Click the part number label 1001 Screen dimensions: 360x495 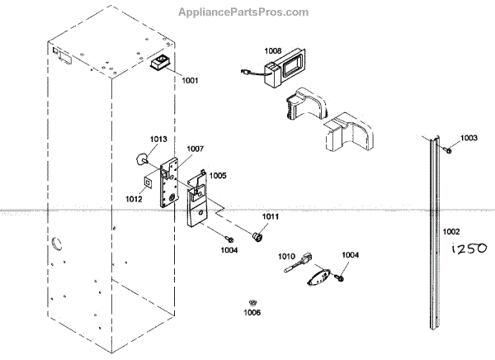tap(190, 82)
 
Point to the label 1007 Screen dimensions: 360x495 tap(195, 149)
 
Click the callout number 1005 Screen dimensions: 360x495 tap(217, 175)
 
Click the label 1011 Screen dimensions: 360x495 tap(271, 216)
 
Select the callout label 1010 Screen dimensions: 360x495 tap(286, 257)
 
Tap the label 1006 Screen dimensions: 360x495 tap(252, 312)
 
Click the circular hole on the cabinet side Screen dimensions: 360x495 tap(56, 243)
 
